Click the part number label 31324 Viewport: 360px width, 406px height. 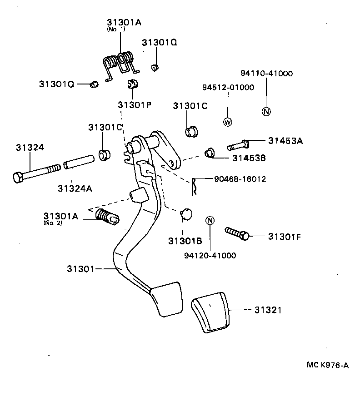(30, 148)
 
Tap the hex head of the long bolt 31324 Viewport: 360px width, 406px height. (18, 178)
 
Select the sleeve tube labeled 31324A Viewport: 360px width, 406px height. (79, 162)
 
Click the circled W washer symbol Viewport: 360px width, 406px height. (228, 122)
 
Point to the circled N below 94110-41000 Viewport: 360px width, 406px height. (266, 112)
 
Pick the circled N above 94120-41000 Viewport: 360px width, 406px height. (210, 221)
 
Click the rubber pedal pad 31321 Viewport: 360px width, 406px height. (210, 312)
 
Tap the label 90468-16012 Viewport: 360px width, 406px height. (240, 179)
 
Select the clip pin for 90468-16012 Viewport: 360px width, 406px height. (194, 187)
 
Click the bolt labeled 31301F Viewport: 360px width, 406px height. (237, 233)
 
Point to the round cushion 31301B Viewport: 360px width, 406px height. (187, 214)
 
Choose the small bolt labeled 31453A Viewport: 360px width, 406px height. (238, 145)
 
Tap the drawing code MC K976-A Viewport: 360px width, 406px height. (328, 365)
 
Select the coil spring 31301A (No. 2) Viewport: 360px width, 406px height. (107, 217)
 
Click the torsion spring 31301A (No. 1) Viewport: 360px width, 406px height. (121, 65)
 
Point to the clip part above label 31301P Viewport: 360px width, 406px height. (133, 84)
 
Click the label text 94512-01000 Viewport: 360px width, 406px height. (228, 88)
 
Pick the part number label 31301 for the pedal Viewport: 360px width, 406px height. (80, 269)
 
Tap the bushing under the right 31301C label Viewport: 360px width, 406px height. (191, 132)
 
